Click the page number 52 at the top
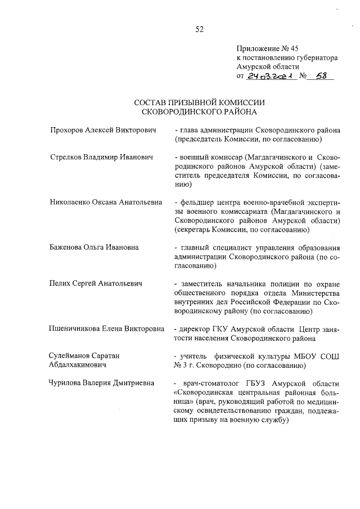point(199,30)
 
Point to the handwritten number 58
point(321,76)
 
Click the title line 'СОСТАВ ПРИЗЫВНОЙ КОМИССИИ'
point(199,103)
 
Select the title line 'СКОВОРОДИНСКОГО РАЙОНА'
point(199,112)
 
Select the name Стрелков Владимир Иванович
point(102,156)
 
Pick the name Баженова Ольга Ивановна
point(94,247)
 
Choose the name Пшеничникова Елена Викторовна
point(107,329)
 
